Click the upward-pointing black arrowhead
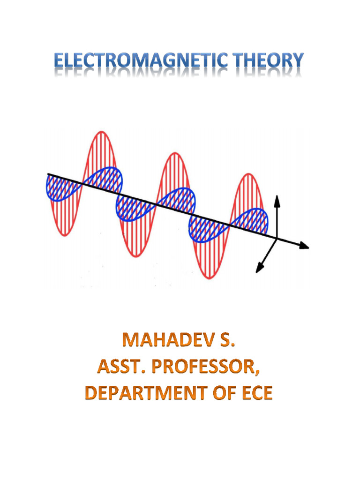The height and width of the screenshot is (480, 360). coord(277,200)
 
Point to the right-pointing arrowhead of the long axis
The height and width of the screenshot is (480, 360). coord(304,246)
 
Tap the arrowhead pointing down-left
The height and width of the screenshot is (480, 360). coord(258,268)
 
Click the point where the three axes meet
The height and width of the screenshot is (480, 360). coord(277,239)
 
